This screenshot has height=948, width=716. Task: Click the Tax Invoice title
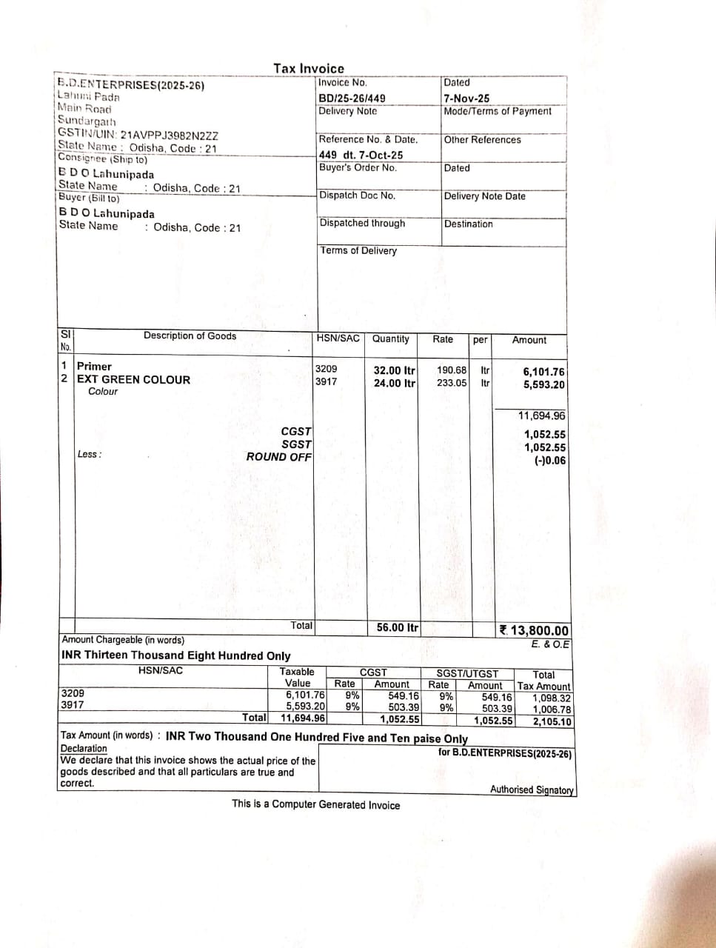pyautogui.click(x=308, y=68)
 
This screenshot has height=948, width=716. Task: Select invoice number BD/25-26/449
pyautogui.click(x=352, y=98)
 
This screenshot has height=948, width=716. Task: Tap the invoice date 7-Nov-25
pyautogui.click(x=466, y=98)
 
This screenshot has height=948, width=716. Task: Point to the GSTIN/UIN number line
pyautogui.click(x=138, y=136)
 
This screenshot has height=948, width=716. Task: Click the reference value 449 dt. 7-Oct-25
pyautogui.click(x=361, y=155)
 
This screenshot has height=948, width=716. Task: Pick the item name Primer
pyautogui.click(x=95, y=366)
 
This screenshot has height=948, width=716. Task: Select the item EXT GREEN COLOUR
pyautogui.click(x=134, y=379)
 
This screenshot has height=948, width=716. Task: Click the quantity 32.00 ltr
pyautogui.click(x=394, y=370)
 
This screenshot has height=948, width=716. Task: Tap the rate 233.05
pyautogui.click(x=452, y=383)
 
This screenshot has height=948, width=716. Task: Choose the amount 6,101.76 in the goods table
pyautogui.click(x=543, y=372)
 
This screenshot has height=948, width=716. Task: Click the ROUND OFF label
pyautogui.click(x=279, y=456)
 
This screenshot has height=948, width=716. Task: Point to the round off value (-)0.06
pyautogui.click(x=549, y=460)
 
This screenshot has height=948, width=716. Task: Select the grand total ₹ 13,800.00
pyautogui.click(x=535, y=630)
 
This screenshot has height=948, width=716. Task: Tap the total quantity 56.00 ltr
pyautogui.click(x=397, y=627)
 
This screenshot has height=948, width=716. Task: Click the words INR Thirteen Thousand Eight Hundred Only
pyautogui.click(x=176, y=655)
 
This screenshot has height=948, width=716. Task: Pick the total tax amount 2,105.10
pyautogui.click(x=552, y=721)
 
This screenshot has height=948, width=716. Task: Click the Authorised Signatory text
pyautogui.click(x=532, y=790)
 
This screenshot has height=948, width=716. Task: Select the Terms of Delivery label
pyautogui.click(x=358, y=250)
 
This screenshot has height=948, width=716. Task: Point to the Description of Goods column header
pyautogui.click(x=190, y=336)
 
